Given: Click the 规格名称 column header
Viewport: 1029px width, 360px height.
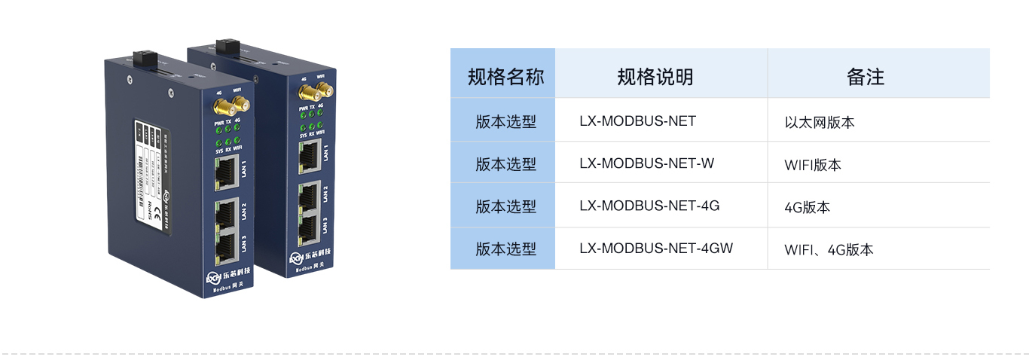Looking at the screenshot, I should coord(503,76).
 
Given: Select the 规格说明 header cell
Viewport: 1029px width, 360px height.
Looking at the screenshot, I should coord(655,76).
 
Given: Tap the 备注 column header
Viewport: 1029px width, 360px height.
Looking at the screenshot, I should coord(865,76).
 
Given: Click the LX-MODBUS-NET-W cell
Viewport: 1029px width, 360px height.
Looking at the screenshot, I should coord(646,163).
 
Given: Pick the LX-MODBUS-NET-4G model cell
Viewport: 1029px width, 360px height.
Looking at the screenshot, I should coord(649,205).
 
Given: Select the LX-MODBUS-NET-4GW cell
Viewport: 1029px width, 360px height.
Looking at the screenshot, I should coord(656,248).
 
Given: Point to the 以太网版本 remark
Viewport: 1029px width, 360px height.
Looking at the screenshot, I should coord(820,122).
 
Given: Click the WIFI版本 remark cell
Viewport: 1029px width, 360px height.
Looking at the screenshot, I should coord(813,164).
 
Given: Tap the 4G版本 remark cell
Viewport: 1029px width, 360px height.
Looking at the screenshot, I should coord(808,207).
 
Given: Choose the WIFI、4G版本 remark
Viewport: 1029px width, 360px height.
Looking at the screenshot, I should coord(829,249).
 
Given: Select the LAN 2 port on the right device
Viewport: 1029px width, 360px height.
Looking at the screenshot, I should coord(307,196).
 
